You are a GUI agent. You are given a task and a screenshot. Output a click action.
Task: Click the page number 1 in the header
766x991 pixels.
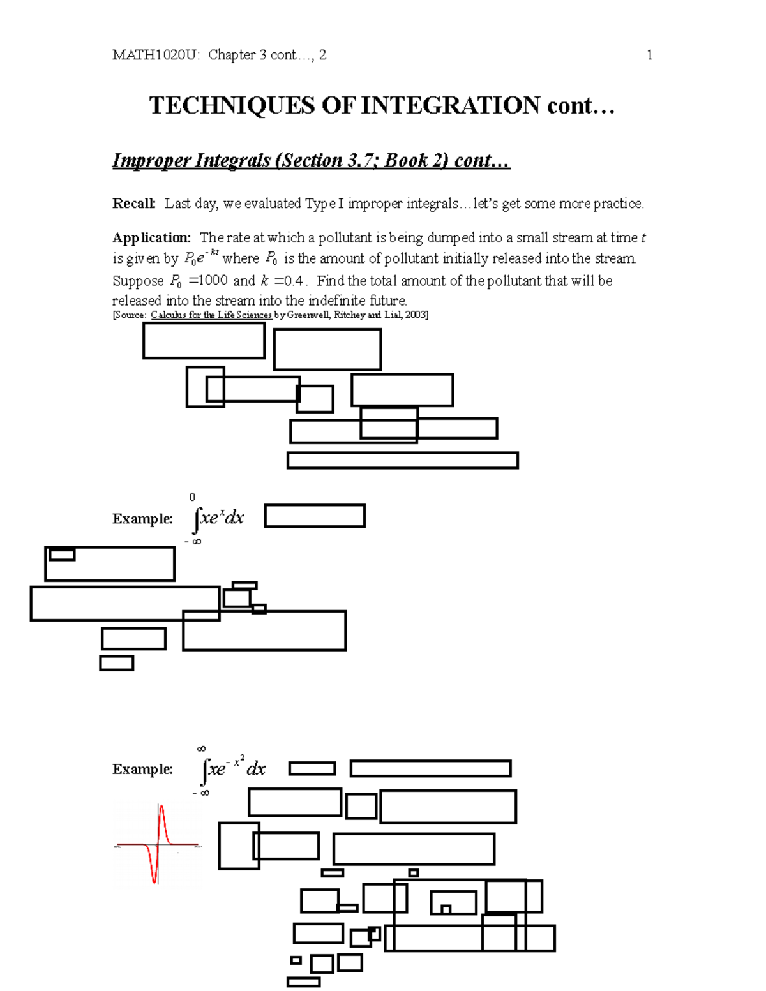point(649,55)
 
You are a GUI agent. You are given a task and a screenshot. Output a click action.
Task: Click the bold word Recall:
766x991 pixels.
point(134,204)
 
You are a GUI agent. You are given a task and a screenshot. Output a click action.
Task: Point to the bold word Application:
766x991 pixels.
point(151,238)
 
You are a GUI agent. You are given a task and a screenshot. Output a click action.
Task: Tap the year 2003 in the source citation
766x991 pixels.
point(415,315)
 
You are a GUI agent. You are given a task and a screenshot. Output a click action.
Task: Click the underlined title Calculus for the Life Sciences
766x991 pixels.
point(211,315)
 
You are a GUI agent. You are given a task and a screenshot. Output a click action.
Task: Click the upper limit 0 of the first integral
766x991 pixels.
point(192,497)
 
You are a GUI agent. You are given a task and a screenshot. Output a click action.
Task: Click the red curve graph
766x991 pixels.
point(157,844)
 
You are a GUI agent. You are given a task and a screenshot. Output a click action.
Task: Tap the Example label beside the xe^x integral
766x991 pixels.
point(142,519)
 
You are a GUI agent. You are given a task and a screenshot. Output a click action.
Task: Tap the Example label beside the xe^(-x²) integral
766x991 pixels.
point(142,770)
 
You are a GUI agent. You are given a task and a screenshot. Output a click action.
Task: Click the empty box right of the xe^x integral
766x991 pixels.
point(315,516)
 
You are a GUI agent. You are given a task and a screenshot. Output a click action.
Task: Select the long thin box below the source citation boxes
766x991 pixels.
point(402,460)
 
